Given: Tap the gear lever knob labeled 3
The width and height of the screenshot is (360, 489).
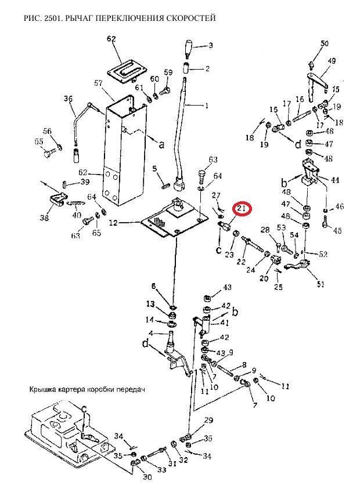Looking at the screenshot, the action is click(x=189, y=49).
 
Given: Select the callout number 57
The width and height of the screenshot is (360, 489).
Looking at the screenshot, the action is click(x=98, y=84).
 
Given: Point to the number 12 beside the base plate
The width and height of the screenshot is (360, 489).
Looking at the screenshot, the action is click(x=113, y=223).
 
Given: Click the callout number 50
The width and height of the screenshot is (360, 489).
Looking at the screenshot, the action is click(x=325, y=44).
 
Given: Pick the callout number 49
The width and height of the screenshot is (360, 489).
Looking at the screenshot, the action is click(x=332, y=61).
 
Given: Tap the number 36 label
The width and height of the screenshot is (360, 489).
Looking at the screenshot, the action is click(x=68, y=99).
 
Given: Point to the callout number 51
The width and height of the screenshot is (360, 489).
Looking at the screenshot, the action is click(x=321, y=284).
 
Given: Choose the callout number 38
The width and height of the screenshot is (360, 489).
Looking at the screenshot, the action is click(x=44, y=218).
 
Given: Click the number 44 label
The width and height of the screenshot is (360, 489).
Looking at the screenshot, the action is click(x=334, y=180).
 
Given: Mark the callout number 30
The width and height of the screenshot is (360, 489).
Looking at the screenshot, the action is click(x=147, y=477).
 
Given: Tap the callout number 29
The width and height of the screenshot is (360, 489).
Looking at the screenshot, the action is click(x=208, y=421).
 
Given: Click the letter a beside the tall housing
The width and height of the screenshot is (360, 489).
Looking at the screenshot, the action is click(x=161, y=144).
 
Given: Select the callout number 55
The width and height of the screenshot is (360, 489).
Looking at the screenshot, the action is click(x=39, y=142).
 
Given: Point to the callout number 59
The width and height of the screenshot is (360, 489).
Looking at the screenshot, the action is click(x=168, y=73).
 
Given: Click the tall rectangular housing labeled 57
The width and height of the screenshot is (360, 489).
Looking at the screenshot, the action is click(x=125, y=150).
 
